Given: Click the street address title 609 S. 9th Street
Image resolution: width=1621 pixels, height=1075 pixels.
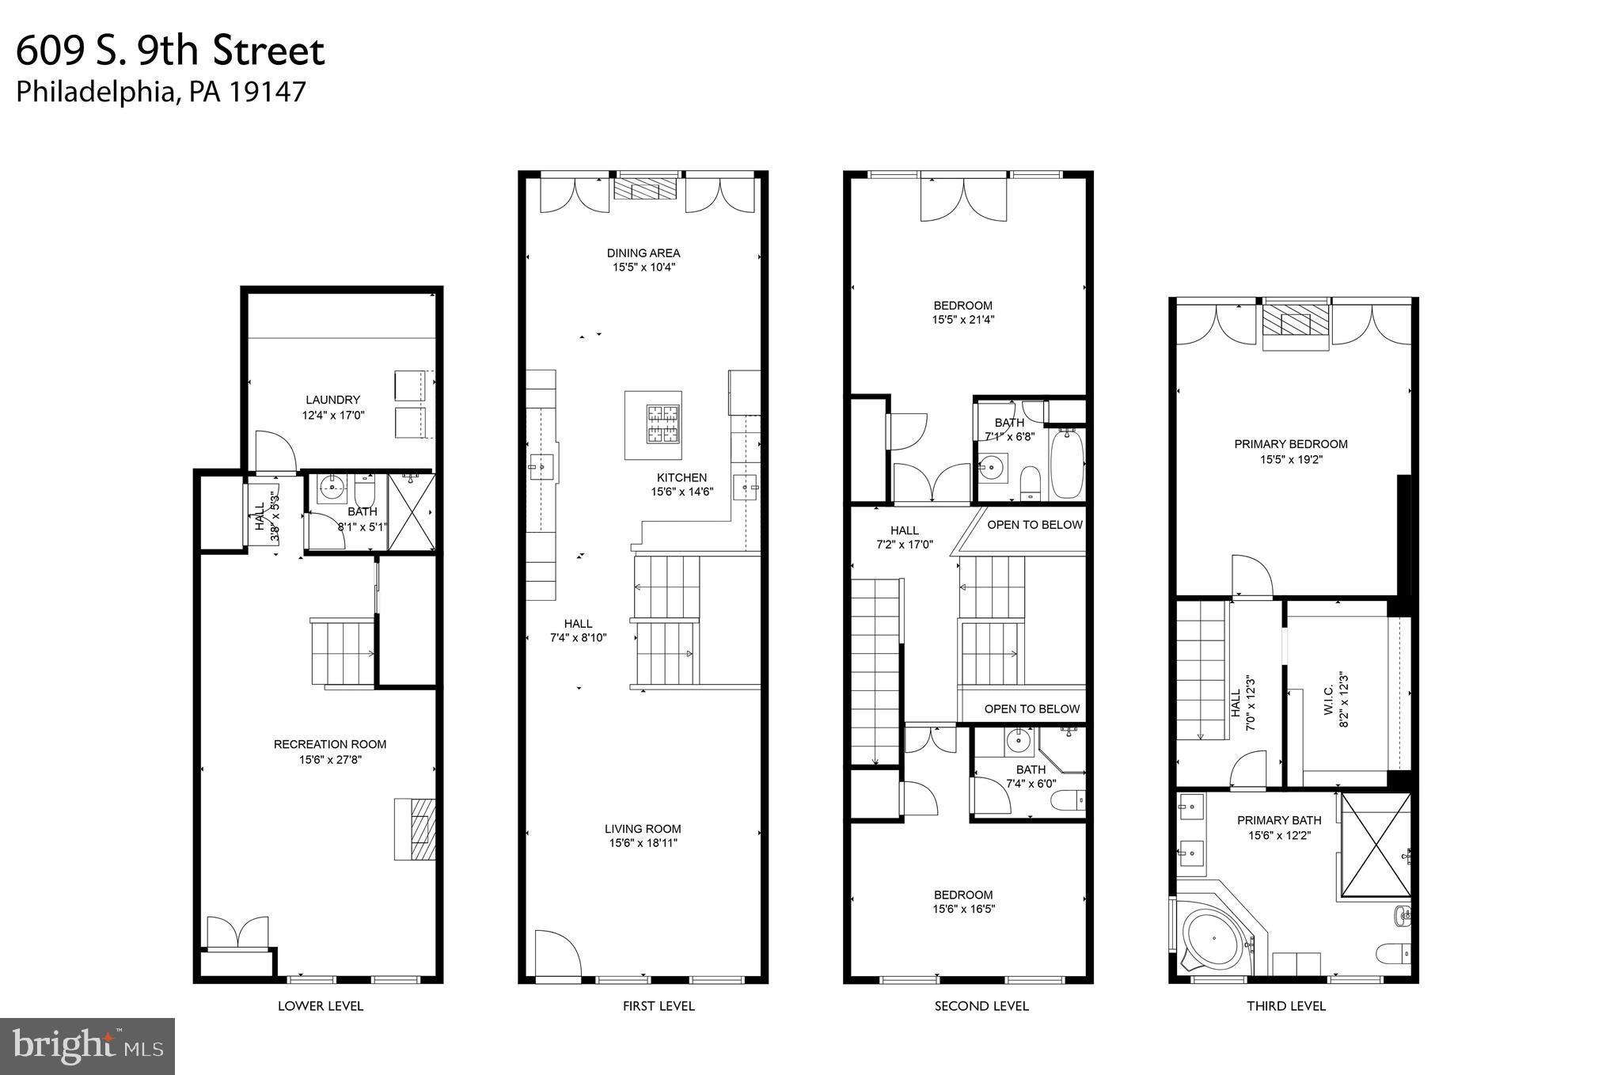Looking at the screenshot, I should click(x=170, y=51).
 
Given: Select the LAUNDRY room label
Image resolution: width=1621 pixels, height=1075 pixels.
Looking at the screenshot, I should click(x=333, y=400).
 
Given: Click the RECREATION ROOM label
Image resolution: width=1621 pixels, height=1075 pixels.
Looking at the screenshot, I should click(x=330, y=744).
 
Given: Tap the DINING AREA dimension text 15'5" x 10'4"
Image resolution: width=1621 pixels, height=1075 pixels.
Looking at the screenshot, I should click(x=643, y=268).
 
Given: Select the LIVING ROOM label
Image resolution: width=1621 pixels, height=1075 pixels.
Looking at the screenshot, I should click(x=643, y=829).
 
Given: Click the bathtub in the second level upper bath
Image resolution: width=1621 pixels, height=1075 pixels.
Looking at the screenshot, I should click(x=1066, y=463).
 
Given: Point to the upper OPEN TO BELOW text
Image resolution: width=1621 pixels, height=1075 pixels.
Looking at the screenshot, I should click(x=1034, y=525).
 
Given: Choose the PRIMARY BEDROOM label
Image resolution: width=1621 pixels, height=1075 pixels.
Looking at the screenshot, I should click(x=1290, y=444).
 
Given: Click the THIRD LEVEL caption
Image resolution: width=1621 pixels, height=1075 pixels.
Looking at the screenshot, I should click(x=1285, y=1006).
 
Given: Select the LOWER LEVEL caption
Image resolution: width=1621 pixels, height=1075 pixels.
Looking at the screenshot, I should click(x=321, y=1006).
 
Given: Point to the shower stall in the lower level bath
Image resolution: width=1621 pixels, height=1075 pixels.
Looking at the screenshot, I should click(x=411, y=511).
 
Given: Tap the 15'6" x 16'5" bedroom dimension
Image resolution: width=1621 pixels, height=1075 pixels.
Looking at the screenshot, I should click(x=962, y=910).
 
